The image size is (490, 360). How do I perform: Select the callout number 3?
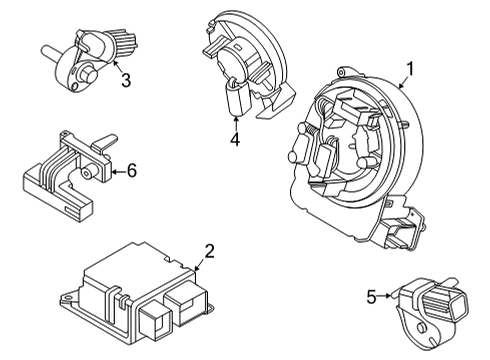tap(124, 80)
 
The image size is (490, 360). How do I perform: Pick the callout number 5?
tap(371, 296)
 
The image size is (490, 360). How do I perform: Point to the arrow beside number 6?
tap(115, 172)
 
